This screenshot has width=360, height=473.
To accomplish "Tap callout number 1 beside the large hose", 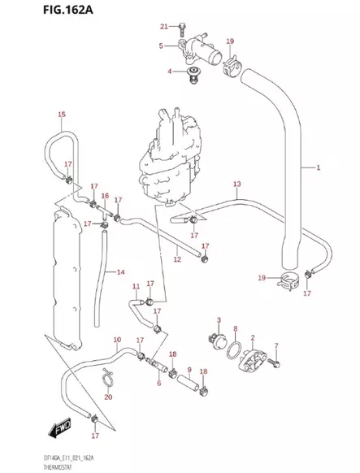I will (341, 168).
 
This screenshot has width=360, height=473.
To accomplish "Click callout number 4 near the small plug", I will (171, 72).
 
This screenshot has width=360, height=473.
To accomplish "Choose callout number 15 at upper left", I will (61, 115).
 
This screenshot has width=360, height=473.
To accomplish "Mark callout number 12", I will (176, 260).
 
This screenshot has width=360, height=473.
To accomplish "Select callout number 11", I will (137, 286).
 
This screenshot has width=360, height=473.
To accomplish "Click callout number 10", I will (117, 340).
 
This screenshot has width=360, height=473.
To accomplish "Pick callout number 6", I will (159, 382).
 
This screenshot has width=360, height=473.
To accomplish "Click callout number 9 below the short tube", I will (189, 371).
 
